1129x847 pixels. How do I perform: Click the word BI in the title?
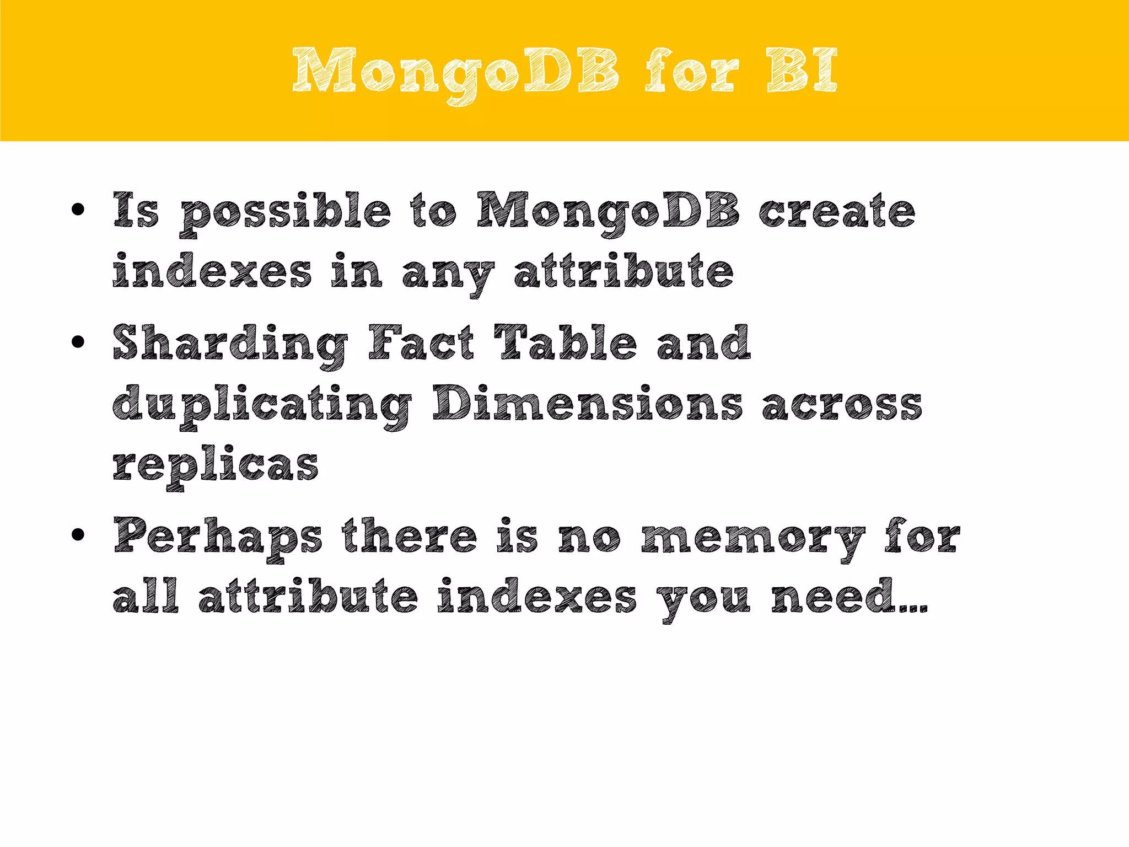tap(802, 71)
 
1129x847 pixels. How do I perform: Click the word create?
tap(837, 211)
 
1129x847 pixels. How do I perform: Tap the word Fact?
tap(421, 343)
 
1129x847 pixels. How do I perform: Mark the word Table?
tap(566, 343)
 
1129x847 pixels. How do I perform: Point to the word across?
tap(842, 405)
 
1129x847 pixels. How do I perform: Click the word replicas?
tap(216, 466)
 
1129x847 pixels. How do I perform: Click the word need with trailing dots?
tap(849, 597)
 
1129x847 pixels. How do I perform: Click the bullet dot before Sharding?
tap(78, 342)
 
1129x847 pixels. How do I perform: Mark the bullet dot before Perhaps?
tap(78, 534)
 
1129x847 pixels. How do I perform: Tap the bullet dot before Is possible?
tap(78, 209)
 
